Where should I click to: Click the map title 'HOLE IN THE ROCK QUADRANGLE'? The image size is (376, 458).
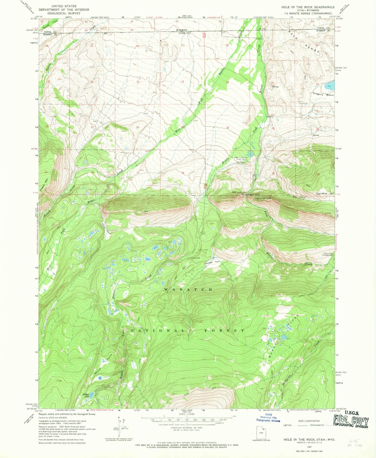click(308, 7)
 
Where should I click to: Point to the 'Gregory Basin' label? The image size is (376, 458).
click(323, 95)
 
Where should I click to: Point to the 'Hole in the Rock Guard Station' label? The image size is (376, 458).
click(241, 158)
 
